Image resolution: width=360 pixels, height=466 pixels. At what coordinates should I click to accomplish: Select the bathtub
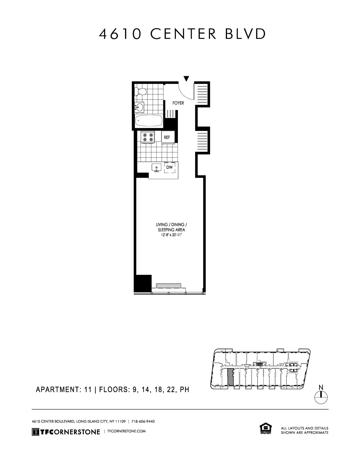pos(149,121)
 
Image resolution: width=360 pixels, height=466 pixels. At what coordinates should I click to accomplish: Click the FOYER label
pos(178,103)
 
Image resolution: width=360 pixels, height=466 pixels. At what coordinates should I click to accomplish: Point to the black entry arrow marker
pos(186,79)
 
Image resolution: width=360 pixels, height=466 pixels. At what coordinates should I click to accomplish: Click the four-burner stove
pos(148,137)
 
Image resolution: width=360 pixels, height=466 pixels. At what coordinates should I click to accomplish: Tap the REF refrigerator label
pos(167,137)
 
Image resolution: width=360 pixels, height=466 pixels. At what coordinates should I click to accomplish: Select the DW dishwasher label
pos(169,167)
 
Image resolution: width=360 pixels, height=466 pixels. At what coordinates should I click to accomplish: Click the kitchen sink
pos(156,168)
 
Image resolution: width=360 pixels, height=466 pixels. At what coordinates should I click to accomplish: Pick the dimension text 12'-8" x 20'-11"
pos(170,235)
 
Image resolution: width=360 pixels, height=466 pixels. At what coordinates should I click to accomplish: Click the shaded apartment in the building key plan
pos(231,377)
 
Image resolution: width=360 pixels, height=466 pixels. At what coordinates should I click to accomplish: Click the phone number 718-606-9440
pos(143,421)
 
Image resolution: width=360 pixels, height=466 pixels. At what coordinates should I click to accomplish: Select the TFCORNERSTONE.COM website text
pos(127,431)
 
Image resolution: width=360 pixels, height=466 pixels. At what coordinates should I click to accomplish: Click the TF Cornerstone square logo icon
pos(35,432)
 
